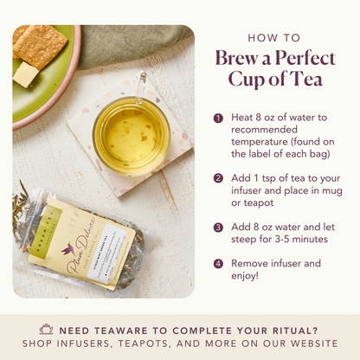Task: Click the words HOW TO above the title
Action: [273, 38]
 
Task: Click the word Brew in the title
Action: [235, 59]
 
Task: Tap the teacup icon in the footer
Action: [46, 330]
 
